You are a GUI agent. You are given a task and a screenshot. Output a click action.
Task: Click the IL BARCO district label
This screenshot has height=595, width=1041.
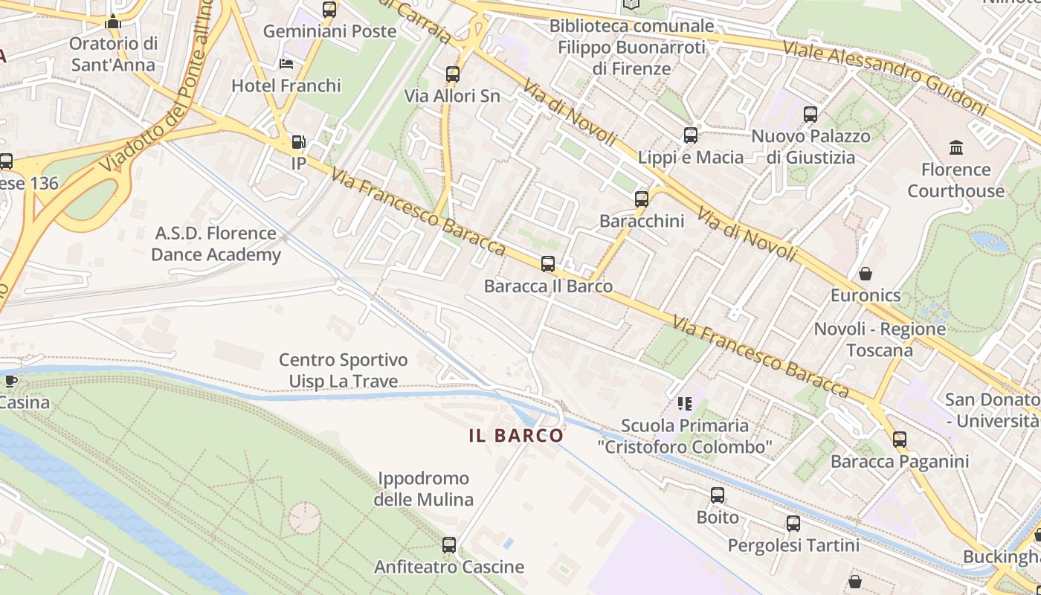click(x=516, y=436)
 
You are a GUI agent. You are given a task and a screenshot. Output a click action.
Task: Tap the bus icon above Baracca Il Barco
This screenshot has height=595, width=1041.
click(x=548, y=264)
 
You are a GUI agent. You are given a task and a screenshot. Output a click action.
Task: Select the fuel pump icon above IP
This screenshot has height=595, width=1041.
click(x=298, y=141)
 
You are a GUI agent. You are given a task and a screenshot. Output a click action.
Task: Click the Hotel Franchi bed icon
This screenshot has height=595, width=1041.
click(x=286, y=64)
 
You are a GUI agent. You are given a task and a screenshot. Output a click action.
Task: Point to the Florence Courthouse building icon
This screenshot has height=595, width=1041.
click(x=956, y=147)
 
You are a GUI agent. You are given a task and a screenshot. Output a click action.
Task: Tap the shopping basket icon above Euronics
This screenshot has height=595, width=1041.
click(x=866, y=274)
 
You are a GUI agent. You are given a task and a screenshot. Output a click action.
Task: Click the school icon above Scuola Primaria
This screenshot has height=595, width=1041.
click(x=685, y=404)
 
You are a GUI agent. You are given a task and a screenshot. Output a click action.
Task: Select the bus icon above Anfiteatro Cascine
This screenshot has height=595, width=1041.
click(x=449, y=545)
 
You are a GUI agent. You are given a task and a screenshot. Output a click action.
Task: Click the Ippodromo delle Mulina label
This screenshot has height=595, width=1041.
click(x=423, y=489)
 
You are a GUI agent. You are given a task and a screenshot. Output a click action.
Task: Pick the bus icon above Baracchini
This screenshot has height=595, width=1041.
click(x=642, y=199)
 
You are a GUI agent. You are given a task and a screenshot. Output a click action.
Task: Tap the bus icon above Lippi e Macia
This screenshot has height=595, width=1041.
click(x=691, y=135)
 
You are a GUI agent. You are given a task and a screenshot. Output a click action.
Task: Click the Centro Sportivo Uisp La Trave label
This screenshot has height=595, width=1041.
click(x=344, y=370)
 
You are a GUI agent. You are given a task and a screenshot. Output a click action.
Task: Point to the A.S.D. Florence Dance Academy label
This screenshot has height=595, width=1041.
click(x=216, y=244)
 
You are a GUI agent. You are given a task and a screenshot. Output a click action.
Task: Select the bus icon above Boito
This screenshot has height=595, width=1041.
click(x=718, y=495)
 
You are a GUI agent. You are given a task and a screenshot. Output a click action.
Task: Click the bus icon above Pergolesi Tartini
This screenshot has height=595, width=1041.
click(x=793, y=524)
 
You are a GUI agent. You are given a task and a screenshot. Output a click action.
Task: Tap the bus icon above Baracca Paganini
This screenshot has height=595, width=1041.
click(x=900, y=440)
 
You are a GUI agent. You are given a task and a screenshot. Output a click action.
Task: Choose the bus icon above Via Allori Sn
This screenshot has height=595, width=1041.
click(x=452, y=74)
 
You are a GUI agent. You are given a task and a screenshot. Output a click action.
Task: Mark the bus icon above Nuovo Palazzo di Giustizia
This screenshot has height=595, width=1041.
click(x=810, y=115)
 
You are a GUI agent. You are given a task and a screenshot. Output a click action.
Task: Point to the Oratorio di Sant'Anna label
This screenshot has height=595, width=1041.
click(x=113, y=54)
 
